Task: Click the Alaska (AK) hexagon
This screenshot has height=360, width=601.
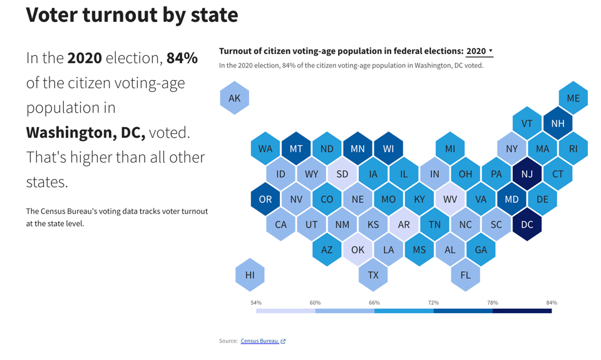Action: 235,98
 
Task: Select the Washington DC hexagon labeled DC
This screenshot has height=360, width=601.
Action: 527,225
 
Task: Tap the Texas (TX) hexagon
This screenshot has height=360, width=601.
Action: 373,275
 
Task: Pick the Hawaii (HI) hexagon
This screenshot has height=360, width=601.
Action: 250,275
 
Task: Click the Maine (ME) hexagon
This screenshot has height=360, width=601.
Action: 573,98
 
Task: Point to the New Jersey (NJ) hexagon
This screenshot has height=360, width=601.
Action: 527,174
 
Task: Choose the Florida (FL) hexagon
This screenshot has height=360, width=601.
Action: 465,275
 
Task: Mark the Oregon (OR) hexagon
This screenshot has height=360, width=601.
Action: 265,200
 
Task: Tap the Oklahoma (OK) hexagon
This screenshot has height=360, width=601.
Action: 357,250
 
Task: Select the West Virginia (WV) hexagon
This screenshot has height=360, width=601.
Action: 450,200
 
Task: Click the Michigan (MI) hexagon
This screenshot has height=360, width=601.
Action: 450,149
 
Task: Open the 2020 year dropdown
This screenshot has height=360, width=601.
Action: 480,51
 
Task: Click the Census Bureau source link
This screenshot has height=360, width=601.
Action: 260,341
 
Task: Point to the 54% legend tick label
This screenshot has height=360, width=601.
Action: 256,303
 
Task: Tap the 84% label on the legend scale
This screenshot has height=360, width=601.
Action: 551,303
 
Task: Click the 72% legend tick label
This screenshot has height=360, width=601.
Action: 433,303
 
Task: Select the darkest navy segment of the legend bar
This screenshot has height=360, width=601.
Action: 522,311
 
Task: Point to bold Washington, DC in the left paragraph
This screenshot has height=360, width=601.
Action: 86,133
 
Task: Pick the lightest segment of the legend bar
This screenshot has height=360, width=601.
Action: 285,311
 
